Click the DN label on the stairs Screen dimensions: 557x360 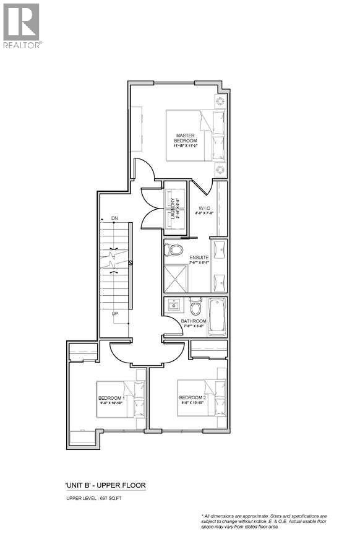tap(114, 218)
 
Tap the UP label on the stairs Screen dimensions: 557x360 tap(114, 314)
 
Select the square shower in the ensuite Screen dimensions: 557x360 tap(178, 278)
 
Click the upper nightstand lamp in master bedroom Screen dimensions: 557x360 tap(220, 101)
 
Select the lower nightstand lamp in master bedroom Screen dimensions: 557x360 tap(220, 169)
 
